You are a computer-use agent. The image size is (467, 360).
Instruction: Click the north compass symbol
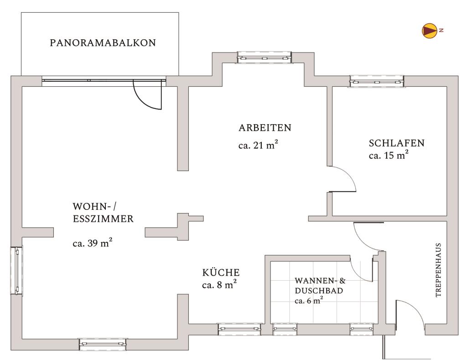click(x=429, y=30)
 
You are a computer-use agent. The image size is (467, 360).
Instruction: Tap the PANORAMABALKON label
click(x=103, y=43)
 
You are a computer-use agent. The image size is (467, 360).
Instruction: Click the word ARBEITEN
click(x=265, y=127)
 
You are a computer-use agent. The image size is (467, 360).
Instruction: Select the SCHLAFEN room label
click(x=396, y=143)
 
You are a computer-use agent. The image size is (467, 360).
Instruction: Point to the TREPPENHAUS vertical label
click(x=438, y=270)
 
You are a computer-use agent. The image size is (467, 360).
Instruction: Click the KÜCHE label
click(x=221, y=273)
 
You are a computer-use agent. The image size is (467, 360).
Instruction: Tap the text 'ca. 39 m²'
click(x=93, y=243)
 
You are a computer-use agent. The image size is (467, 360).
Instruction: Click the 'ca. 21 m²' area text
click(x=258, y=146)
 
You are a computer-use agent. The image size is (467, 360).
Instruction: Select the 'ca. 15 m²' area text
click(x=388, y=155)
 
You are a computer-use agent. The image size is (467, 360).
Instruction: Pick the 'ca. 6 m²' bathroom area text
click(x=309, y=301)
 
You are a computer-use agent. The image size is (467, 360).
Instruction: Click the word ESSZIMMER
click(x=103, y=219)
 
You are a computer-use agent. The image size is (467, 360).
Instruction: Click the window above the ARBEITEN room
click(x=264, y=57)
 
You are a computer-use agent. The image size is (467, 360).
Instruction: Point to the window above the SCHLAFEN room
click(x=377, y=81)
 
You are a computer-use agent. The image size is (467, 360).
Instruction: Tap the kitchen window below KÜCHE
click(x=239, y=329)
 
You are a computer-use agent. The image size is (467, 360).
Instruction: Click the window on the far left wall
click(x=16, y=270)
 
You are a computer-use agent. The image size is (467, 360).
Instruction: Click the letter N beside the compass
click(x=441, y=30)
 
